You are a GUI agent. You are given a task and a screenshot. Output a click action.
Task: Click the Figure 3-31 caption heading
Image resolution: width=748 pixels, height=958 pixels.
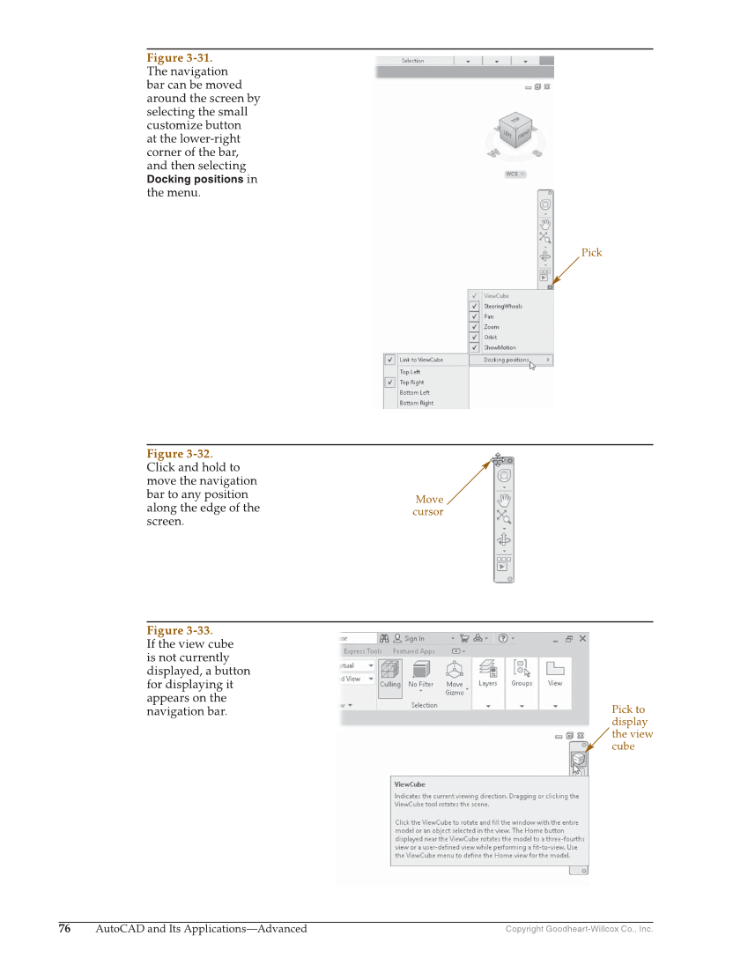pyautogui.click(x=179, y=57)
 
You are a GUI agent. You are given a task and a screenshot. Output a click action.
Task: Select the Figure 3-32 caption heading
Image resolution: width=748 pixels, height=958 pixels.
pyautogui.click(x=179, y=454)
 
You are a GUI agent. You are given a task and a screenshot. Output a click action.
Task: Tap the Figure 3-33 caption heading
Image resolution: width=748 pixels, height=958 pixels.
pyautogui.click(x=179, y=630)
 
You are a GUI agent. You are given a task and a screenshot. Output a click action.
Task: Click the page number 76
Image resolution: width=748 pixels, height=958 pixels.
pyautogui.click(x=64, y=928)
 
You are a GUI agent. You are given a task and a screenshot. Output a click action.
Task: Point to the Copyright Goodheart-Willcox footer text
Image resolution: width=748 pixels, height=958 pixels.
pyautogui.click(x=579, y=929)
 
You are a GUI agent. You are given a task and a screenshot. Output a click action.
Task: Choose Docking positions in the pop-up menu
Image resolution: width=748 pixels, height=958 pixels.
pyautogui.click(x=507, y=360)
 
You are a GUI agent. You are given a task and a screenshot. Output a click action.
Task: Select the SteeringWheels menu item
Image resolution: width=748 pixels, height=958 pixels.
pyautogui.click(x=502, y=306)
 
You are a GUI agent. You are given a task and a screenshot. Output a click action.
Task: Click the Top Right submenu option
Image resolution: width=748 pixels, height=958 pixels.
pyautogui.click(x=411, y=382)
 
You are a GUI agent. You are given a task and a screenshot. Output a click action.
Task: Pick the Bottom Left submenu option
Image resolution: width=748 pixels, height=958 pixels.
pyautogui.click(x=414, y=393)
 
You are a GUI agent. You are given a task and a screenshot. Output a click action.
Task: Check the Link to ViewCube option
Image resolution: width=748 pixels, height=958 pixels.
pyautogui.click(x=420, y=360)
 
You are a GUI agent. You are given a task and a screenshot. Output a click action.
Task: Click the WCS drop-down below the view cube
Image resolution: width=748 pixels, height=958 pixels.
pyautogui.click(x=515, y=175)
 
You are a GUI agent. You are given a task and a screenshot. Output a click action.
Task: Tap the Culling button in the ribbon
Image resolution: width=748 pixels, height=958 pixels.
pyautogui.click(x=389, y=676)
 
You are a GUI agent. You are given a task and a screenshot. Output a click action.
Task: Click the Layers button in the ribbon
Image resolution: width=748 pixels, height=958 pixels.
pyautogui.click(x=487, y=674)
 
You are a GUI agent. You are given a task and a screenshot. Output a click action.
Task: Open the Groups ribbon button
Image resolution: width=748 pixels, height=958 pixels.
pyautogui.click(x=522, y=674)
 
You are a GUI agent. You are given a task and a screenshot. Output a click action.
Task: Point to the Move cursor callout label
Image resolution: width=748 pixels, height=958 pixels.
pyautogui.click(x=428, y=505)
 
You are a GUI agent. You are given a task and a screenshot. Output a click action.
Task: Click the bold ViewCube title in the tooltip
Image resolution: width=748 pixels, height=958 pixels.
pyautogui.click(x=410, y=783)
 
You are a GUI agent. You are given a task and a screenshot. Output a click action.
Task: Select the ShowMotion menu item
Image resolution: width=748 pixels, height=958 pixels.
pyautogui.click(x=500, y=347)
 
